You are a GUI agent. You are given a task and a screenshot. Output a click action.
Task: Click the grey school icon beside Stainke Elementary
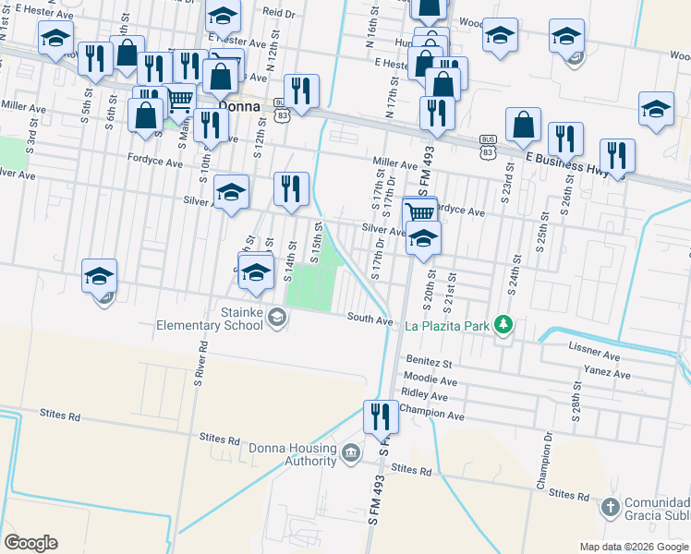[x=276, y=319]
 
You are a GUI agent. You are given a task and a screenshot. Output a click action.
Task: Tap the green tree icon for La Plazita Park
[x=503, y=324]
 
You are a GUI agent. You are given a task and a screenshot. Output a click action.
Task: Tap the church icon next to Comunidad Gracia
[x=609, y=507]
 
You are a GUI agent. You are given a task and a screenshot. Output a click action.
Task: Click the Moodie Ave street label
[x=430, y=379]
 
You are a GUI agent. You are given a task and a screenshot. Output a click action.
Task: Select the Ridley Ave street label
[x=425, y=396]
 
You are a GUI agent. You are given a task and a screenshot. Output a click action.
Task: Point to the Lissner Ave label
[x=595, y=354]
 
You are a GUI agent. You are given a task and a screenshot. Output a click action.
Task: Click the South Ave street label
[x=370, y=318]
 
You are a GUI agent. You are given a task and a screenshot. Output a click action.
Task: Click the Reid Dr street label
[x=277, y=13]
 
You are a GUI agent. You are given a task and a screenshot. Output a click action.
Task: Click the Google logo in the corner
[x=30, y=543]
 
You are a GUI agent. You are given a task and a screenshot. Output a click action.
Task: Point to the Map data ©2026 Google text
[x=633, y=547]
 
